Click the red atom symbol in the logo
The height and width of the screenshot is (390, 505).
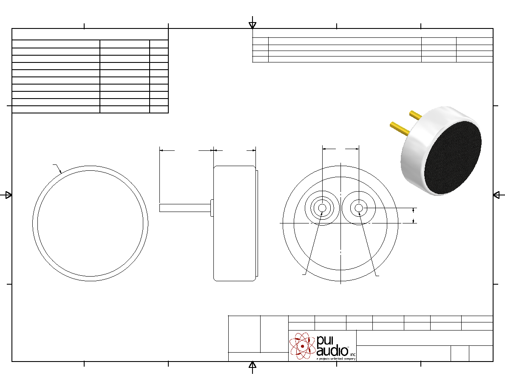point(302,346)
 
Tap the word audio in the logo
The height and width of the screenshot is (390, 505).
point(332,351)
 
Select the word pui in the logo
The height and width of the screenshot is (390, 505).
point(324,341)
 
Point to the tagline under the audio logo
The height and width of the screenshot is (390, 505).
point(336,359)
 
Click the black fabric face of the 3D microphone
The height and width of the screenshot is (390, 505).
point(453,158)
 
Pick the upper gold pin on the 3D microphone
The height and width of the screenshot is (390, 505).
point(415,115)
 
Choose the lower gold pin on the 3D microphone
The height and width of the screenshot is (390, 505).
point(399,128)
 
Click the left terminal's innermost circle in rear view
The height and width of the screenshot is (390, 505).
point(322,208)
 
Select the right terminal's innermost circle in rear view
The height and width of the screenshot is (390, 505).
point(359,208)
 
